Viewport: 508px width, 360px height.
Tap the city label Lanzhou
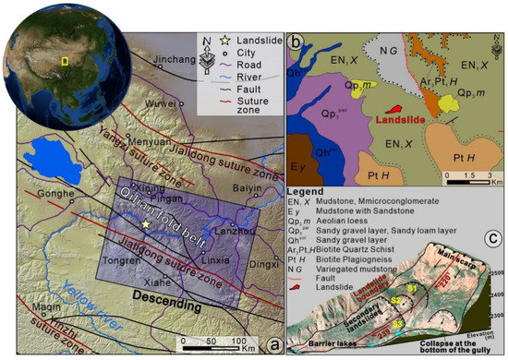pos(220,234)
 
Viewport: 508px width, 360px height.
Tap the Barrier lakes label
pos(327,343)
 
